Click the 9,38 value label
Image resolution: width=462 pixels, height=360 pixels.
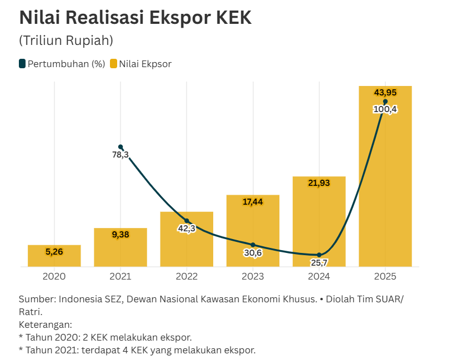point(120,235)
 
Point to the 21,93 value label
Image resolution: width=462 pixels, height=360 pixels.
point(319,183)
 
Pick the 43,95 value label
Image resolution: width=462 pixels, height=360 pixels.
point(385,92)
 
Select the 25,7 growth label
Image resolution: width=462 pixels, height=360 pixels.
point(319,262)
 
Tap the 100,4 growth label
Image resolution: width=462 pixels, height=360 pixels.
point(385,109)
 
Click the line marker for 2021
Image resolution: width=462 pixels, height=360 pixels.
point(120,147)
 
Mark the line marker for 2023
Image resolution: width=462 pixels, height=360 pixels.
point(253,245)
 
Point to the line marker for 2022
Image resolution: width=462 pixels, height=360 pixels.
point(187,221)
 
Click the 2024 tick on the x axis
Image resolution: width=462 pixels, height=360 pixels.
point(319,276)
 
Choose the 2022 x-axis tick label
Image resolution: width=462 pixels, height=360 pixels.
point(187,276)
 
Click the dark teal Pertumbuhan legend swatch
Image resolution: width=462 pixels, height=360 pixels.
point(22,64)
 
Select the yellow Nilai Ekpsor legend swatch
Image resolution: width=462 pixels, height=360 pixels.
point(113,64)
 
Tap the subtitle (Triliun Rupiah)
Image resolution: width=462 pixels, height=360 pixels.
point(66,40)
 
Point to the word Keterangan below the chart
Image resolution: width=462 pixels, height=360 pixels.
point(45,324)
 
